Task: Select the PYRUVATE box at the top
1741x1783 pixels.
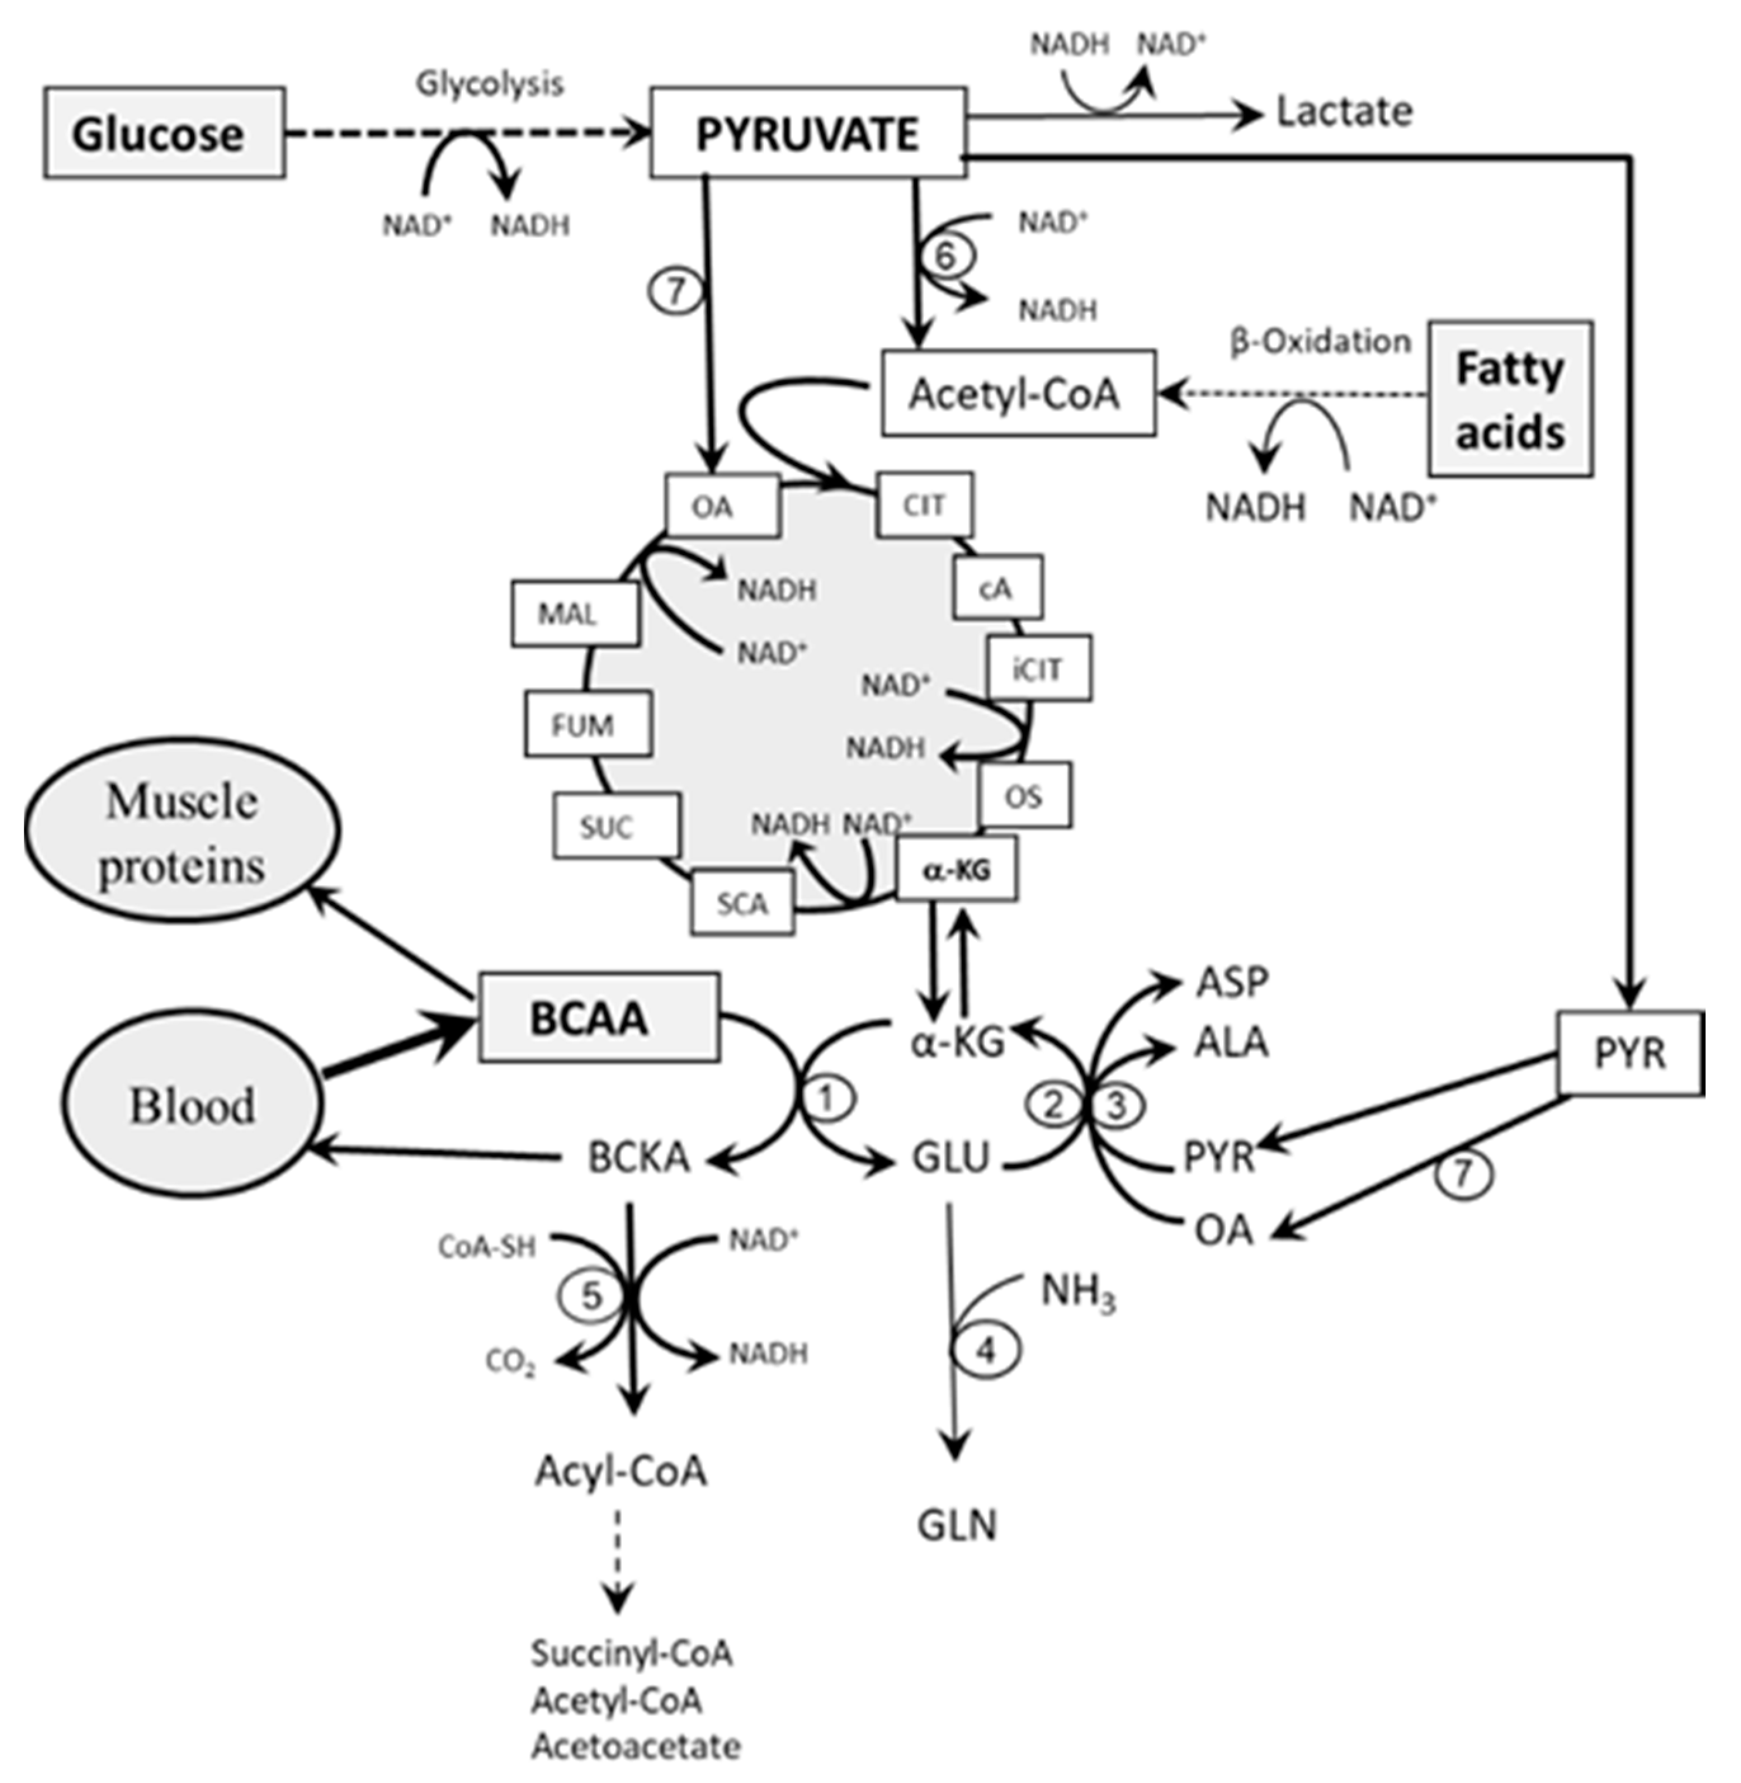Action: [x=808, y=133]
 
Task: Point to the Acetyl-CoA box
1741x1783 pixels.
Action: [x=1017, y=393]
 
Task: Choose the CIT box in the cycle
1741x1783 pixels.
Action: [x=924, y=504]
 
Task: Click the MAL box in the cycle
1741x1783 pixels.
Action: [x=574, y=614]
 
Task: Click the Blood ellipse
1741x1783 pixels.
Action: [x=192, y=1105]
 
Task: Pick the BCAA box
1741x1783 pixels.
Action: [x=599, y=1018]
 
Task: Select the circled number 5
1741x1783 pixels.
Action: [x=591, y=1296]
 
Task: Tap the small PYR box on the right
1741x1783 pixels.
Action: [x=1629, y=1053]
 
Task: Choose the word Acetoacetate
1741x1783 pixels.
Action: [x=636, y=1746]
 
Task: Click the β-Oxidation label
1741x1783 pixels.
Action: [x=1320, y=342]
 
